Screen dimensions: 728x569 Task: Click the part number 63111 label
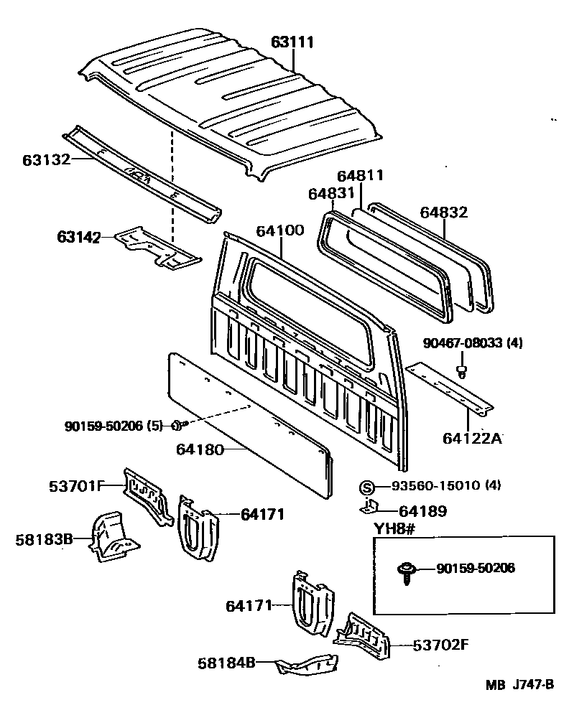[x=292, y=42]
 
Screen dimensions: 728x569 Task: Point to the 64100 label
[x=280, y=230]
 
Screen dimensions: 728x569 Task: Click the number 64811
[x=360, y=176]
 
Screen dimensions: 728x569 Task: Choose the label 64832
[x=443, y=212]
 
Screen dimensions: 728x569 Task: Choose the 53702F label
[x=440, y=644]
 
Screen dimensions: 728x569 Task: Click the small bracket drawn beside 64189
[x=369, y=508]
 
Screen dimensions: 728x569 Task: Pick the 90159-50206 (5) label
[x=114, y=426]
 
